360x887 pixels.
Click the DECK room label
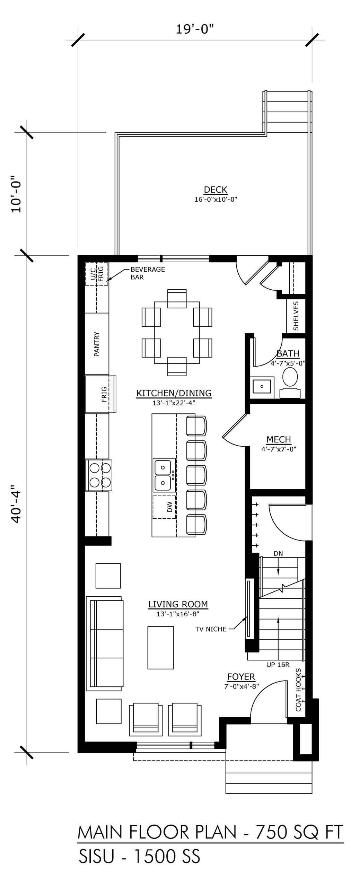(216, 190)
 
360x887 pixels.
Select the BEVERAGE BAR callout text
(147, 273)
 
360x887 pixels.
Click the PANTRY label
(97, 344)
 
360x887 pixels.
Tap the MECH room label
(279, 440)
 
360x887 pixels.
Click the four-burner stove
(101, 475)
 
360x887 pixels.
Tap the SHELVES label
(296, 316)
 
